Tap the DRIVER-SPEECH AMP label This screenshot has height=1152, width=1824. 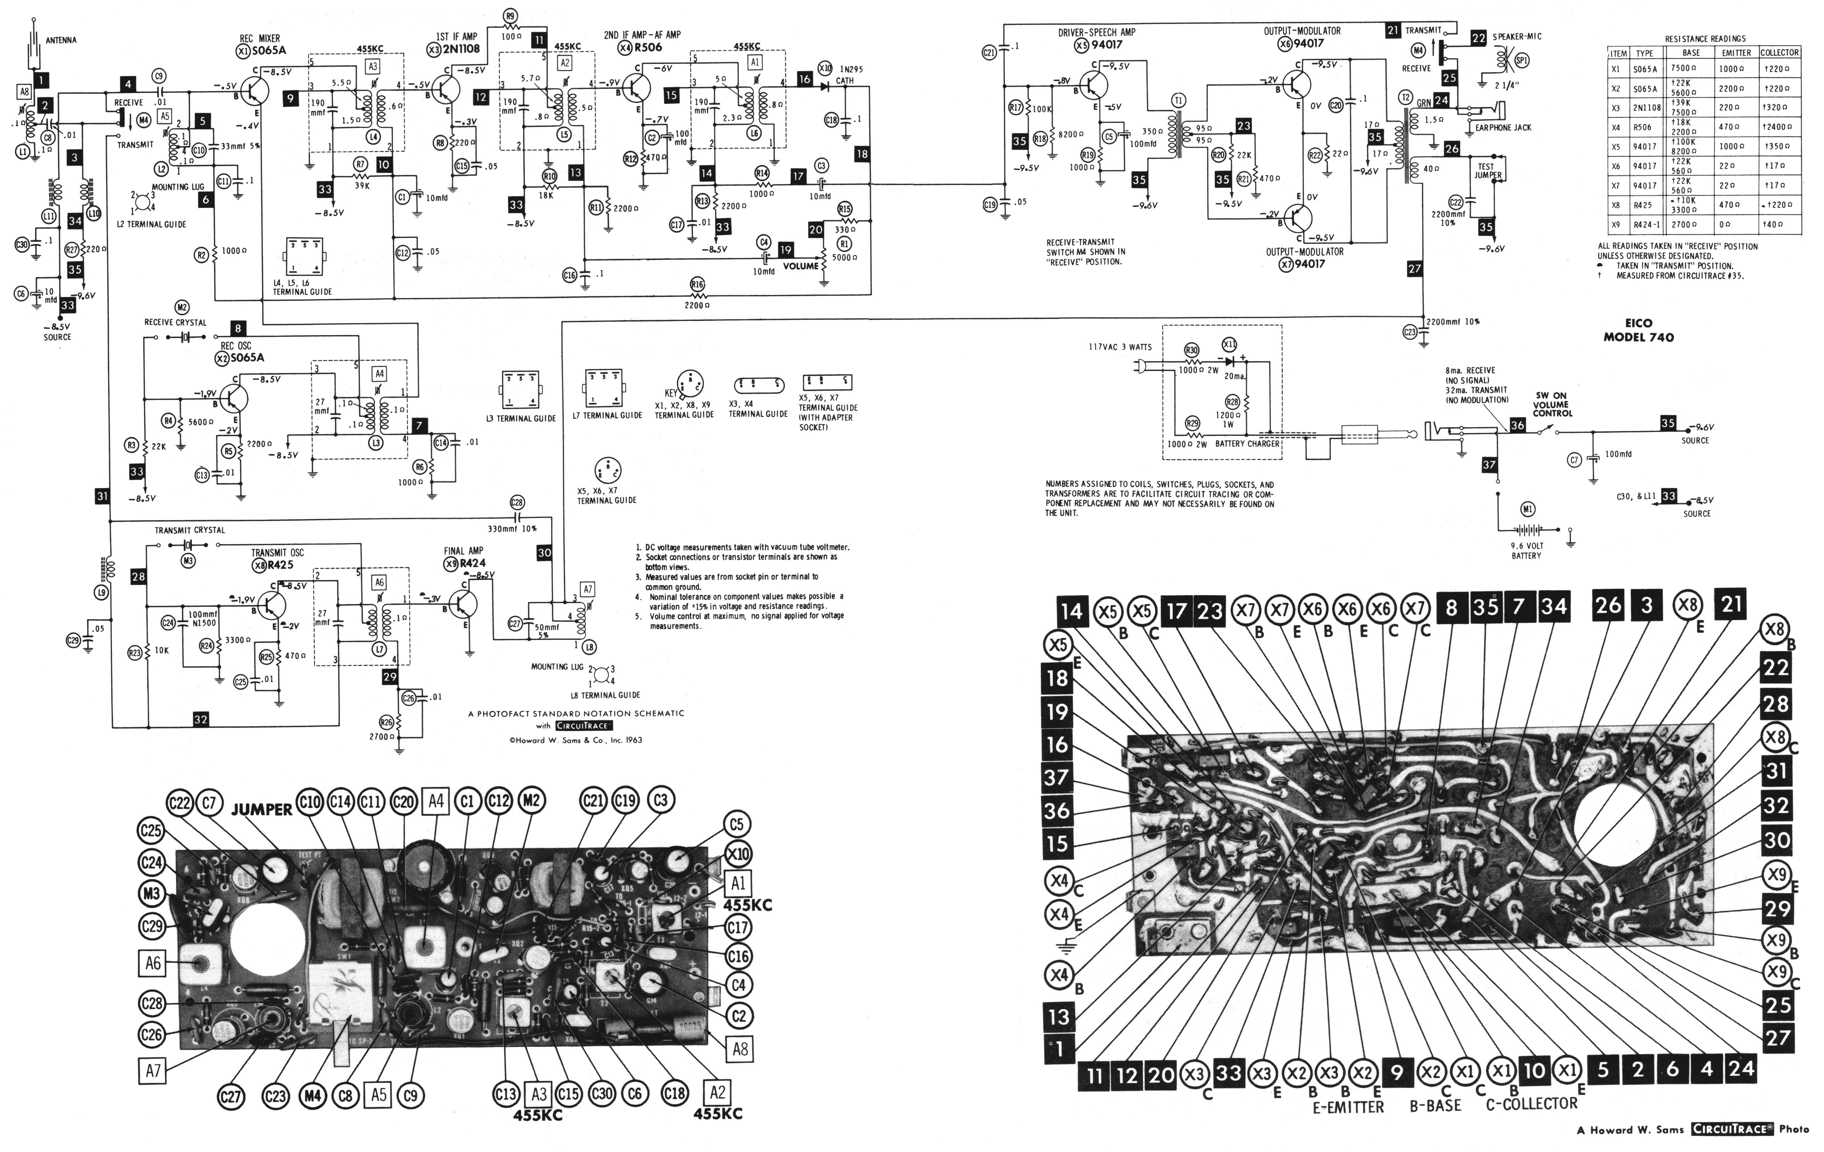1096,33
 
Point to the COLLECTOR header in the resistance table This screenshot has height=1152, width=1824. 1779,53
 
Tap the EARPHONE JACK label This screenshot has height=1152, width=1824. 1503,128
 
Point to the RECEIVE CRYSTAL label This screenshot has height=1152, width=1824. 176,323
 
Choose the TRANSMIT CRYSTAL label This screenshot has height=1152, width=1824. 190,530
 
